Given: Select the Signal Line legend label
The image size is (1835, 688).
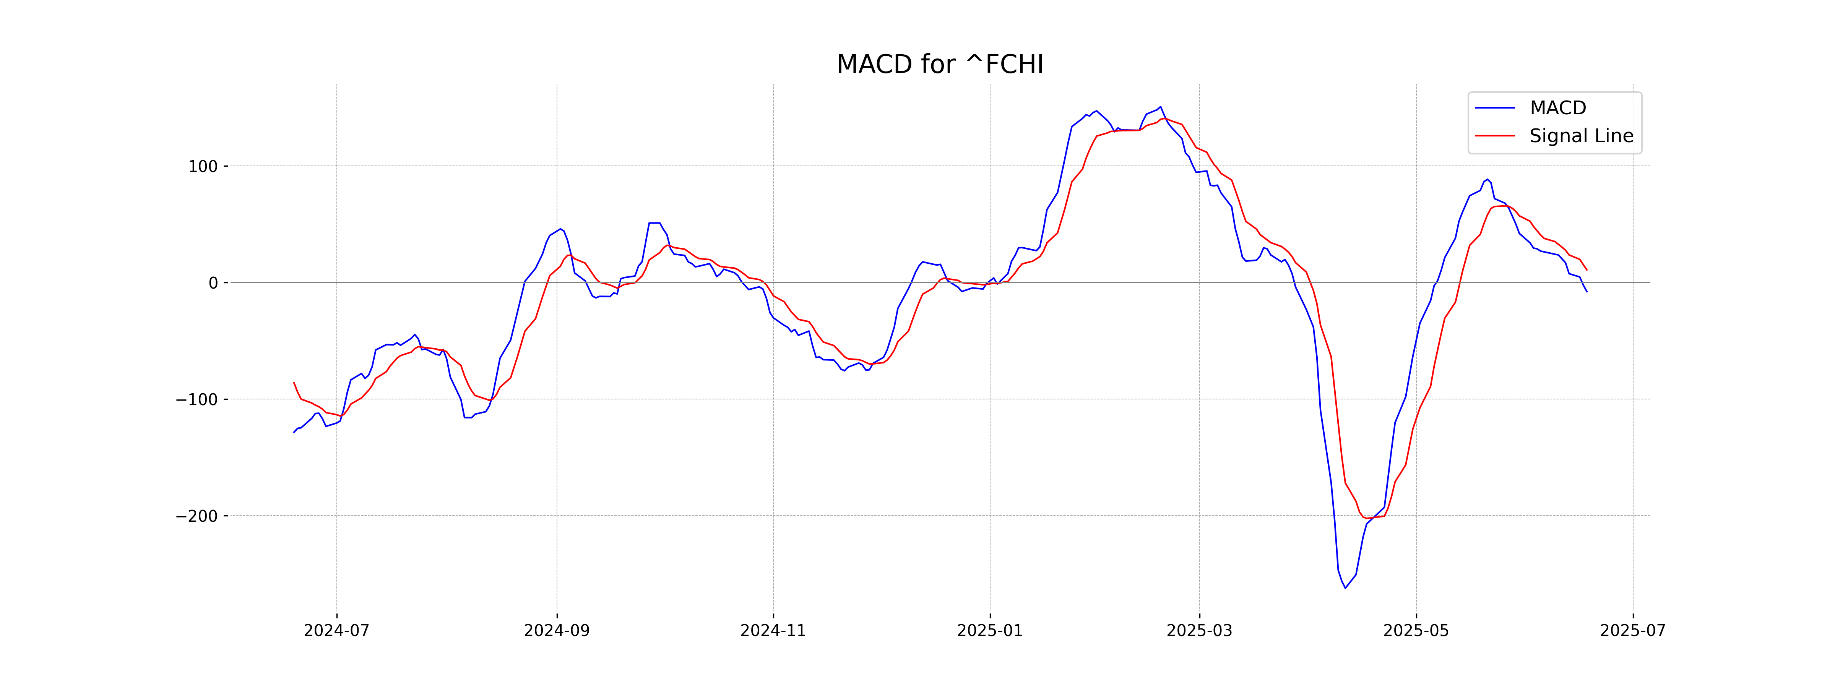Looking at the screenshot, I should pos(1581,136).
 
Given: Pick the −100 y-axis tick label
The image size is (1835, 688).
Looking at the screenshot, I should pos(196,399).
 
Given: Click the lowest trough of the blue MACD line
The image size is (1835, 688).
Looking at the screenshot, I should pos(1345,587).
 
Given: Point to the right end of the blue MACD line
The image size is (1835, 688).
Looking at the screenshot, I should pos(1587,291).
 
